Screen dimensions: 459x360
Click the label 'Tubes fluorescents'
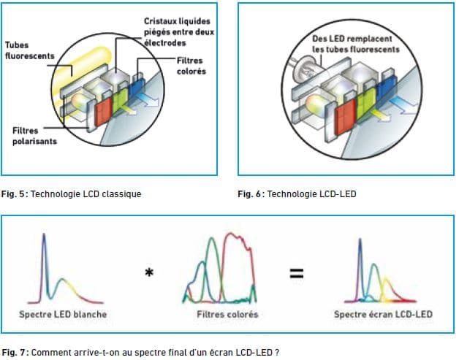[x=30, y=50]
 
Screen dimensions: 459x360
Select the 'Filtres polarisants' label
[x=34, y=136]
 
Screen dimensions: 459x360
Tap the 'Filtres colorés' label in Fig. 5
[x=191, y=66]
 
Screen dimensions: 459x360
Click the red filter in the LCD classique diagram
[x=103, y=112]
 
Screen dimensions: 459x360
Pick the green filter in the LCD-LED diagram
[x=365, y=103]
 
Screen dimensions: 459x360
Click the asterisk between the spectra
[x=149, y=272]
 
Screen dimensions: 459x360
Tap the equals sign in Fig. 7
[x=297, y=273]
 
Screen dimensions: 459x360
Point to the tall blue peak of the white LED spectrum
[x=44, y=254]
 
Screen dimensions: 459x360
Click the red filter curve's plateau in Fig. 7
[x=238, y=240]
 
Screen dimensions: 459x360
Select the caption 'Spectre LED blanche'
[x=63, y=315]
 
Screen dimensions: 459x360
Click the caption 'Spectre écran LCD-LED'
[x=383, y=315]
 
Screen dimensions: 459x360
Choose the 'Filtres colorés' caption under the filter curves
[x=227, y=315]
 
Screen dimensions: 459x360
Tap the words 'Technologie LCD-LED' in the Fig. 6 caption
[x=312, y=194]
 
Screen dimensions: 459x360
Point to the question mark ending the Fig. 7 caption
[x=276, y=352]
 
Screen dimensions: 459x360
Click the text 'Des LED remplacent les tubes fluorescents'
[x=356, y=44]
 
